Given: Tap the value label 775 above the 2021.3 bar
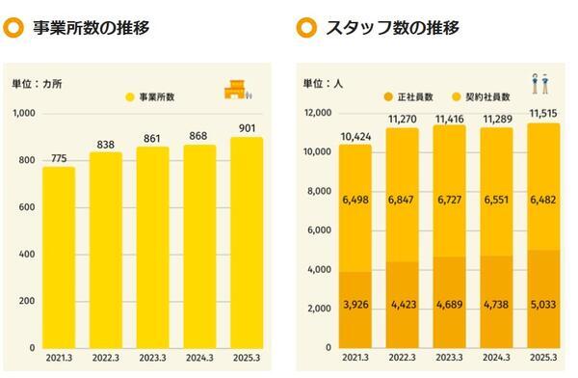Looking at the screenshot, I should tap(58, 158).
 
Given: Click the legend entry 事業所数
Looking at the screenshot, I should tap(159, 97).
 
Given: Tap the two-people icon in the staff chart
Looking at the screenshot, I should tap(539, 85).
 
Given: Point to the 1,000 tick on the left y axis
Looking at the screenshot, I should tap(24, 113).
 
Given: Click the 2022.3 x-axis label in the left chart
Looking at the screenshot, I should tap(104, 358).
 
